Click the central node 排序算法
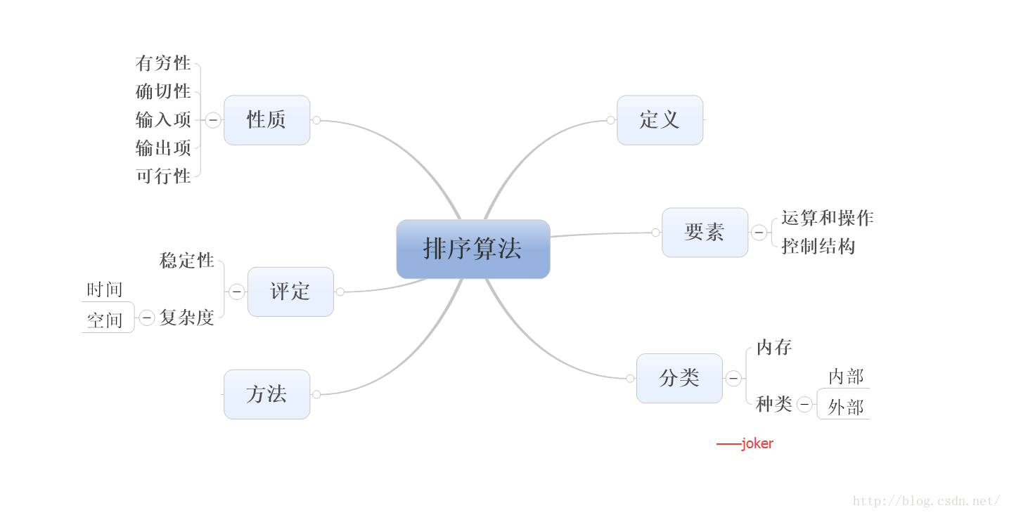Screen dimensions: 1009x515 pyautogui.click(x=473, y=249)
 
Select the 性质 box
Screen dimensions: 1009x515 pyautogui.click(x=266, y=120)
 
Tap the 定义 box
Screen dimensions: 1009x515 pyautogui.click(x=660, y=120)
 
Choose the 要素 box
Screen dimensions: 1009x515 pyautogui.click(x=705, y=233)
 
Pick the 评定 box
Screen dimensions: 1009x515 pyautogui.click(x=290, y=292)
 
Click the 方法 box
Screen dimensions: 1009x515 pyautogui.click(x=266, y=394)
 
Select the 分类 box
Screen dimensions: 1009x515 pyautogui.click(x=679, y=378)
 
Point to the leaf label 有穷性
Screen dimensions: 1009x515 pyautogui.click(x=163, y=63)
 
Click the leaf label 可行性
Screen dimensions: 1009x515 pyautogui.click(x=163, y=176)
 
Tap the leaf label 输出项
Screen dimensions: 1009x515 pyautogui.click(x=163, y=148)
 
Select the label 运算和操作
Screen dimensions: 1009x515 pyautogui.click(x=827, y=218)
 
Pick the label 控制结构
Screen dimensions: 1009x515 pyautogui.click(x=818, y=246)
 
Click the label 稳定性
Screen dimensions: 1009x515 pyautogui.click(x=186, y=261)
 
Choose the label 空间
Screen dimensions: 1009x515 pyautogui.click(x=105, y=320)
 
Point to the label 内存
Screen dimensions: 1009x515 pyautogui.click(x=774, y=348)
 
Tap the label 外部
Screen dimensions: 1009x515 pyautogui.click(x=845, y=408)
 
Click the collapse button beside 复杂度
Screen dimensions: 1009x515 pyautogui.click(x=146, y=318)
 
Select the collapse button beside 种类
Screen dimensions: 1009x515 pyautogui.click(x=804, y=404)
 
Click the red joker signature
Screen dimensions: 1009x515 pyautogui.click(x=745, y=444)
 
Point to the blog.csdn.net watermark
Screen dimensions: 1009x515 pyautogui.click(x=926, y=501)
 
